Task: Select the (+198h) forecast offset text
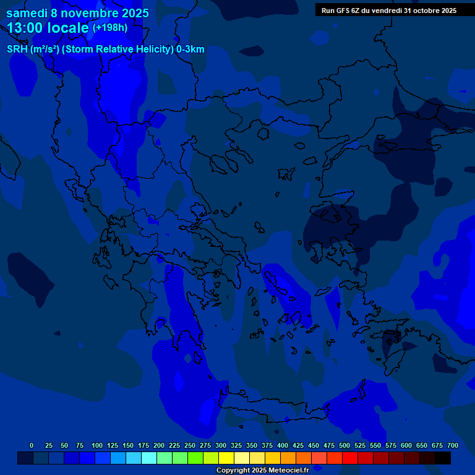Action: pyautogui.click(x=109, y=27)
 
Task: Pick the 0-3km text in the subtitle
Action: pyautogui.click(x=190, y=49)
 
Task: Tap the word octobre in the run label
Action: pyautogui.click(x=420, y=11)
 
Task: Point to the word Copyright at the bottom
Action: pyautogui.click(x=233, y=471)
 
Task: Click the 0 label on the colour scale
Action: pyautogui.click(x=32, y=445)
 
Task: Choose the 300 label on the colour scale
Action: pyautogui.click(x=221, y=445)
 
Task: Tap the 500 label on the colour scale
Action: pyautogui.click(x=344, y=445)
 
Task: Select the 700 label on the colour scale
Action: pyautogui.click(x=453, y=445)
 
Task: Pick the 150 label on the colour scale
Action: pyautogui.click(x=128, y=445)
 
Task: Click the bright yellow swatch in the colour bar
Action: pyautogui.click(x=226, y=458)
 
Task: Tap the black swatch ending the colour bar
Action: pyautogui.click(x=443, y=458)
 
